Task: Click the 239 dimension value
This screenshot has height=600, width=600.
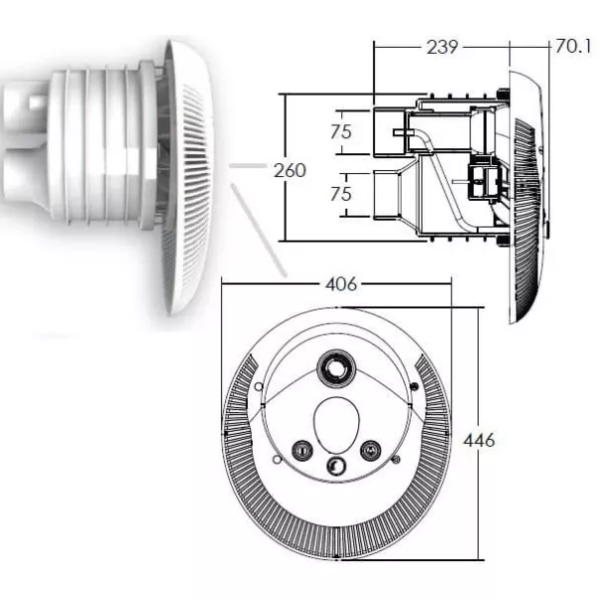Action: [x=442, y=47]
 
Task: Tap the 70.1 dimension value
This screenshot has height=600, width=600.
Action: [x=573, y=47]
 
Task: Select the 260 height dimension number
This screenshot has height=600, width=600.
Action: [x=291, y=171]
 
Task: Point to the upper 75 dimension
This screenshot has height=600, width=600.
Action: [x=341, y=131]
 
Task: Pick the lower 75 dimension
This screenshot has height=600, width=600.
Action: [x=341, y=194]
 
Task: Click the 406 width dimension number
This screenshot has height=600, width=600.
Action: [x=341, y=284]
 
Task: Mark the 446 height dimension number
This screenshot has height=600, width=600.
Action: [x=479, y=441]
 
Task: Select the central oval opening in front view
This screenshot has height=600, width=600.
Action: [x=336, y=425]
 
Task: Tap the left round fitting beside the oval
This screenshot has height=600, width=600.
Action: [x=302, y=450]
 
